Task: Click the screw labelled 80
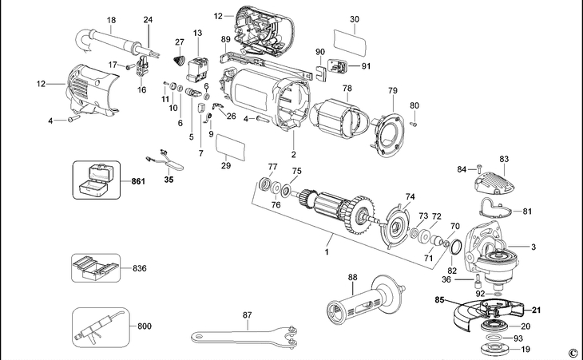[x=414, y=123]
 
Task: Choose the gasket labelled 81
[x=499, y=211]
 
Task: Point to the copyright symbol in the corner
[x=572, y=352]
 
